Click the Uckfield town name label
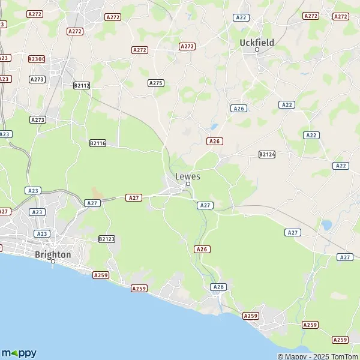pyautogui.click(x=256, y=42)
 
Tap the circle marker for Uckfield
pyautogui.click(x=257, y=50)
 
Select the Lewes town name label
pyautogui.click(x=188, y=176)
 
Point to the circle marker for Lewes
pyautogui.click(x=188, y=184)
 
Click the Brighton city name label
pyautogui.click(x=53, y=254)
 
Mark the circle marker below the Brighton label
pyautogui.click(x=53, y=261)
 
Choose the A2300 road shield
pyautogui.click(x=37, y=59)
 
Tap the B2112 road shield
pyautogui.click(x=81, y=86)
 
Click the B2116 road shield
pyautogui.click(x=97, y=143)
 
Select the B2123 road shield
pyautogui.click(x=106, y=239)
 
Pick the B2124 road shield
pyautogui.click(x=266, y=154)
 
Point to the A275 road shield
pyautogui.click(x=156, y=83)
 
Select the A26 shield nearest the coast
pyautogui.click(x=218, y=287)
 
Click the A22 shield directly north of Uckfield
pyautogui.click(x=241, y=17)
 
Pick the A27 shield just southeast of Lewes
pyautogui.click(x=205, y=205)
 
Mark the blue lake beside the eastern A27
pyautogui.click(x=326, y=226)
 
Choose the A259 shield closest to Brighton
pyautogui.click(x=100, y=275)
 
